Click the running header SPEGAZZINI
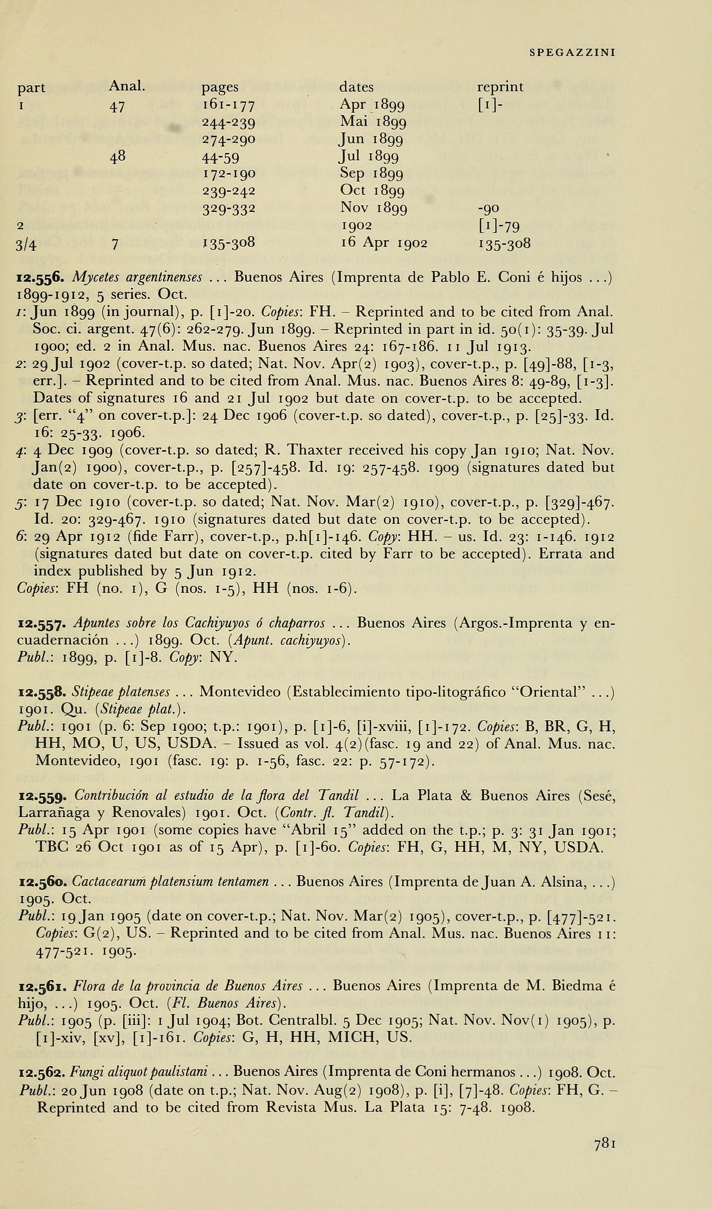[572, 53]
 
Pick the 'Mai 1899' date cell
[373, 122]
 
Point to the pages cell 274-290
[228, 139]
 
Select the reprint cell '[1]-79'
[499, 226]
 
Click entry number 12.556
[40, 277]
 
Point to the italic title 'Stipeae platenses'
[121, 692]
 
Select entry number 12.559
[40, 796]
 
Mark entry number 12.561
[40, 986]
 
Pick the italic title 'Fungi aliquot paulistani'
[138, 1072]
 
